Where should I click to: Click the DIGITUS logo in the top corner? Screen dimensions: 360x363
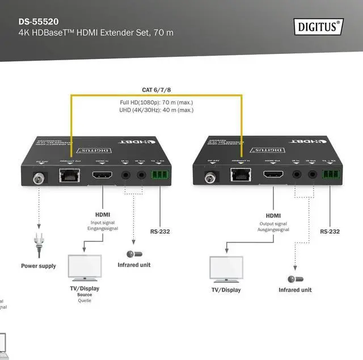pos(318,26)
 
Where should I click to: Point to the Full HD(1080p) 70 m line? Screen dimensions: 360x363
pos(156,103)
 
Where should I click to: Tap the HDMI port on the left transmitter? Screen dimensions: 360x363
pos(103,175)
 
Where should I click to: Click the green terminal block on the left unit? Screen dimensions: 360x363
pos(160,175)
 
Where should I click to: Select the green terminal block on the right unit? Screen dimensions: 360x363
pos(330,175)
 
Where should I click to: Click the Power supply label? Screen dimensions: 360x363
pos(39,266)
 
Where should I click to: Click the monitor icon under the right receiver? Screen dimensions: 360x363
pos(226,270)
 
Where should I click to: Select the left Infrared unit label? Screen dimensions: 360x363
pos(134,265)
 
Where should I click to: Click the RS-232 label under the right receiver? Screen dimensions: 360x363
pos(330,232)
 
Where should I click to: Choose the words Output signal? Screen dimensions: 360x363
pos(273,223)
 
